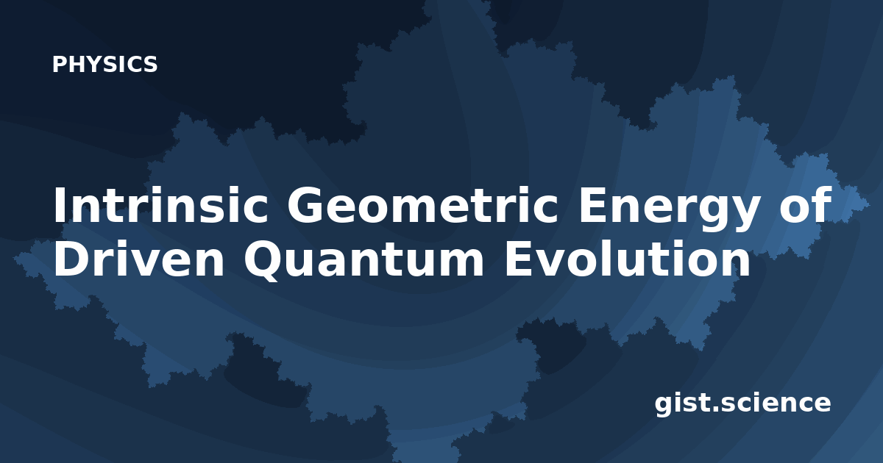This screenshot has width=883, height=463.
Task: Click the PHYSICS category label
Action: coord(104,64)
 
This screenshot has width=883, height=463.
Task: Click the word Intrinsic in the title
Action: coord(161,205)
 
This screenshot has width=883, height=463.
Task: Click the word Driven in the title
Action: coord(139,258)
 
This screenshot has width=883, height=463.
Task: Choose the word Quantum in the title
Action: coord(364,261)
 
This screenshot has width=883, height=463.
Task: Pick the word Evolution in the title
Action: coord(628,257)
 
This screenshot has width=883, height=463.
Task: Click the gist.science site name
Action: coord(742,404)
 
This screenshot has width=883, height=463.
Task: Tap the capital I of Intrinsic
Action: coord(59,205)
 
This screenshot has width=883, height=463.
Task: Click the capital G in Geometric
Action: coord(306,205)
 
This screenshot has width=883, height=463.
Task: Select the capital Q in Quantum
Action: coord(264,261)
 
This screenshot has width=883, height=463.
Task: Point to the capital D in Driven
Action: coord(72,259)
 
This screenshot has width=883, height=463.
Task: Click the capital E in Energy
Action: coord(592,205)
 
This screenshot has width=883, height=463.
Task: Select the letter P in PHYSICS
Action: coord(59,64)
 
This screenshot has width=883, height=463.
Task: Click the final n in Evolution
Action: coord(736,263)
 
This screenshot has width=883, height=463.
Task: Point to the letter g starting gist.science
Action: coord(664,406)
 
